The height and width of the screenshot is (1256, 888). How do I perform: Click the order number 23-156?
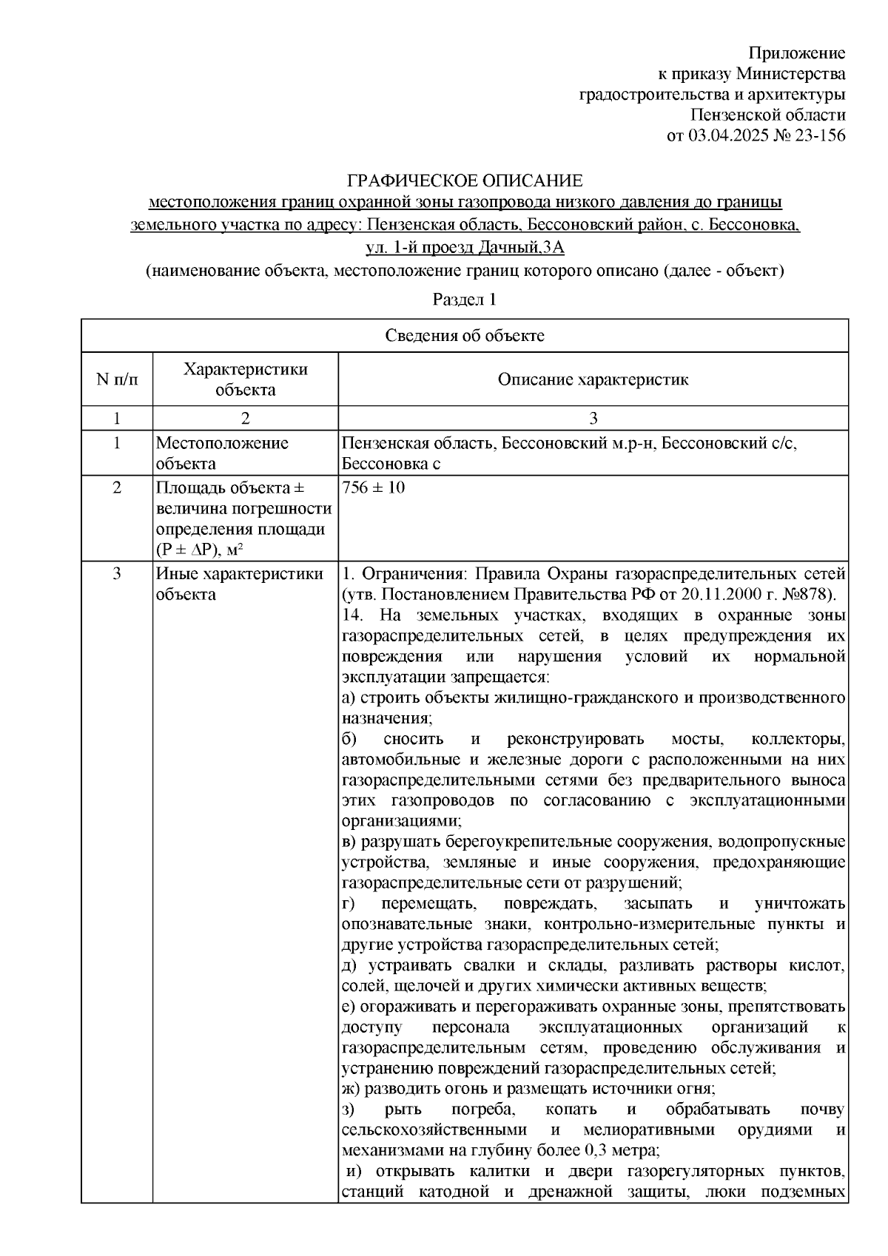pyautogui.click(x=817, y=135)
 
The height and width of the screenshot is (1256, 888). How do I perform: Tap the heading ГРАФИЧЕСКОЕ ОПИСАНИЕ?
pyautogui.click(x=465, y=180)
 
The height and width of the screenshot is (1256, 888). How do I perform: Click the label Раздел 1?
pyautogui.click(x=464, y=300)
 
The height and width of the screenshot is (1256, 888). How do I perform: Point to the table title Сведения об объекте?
pyautogui.click(x=465, y=336)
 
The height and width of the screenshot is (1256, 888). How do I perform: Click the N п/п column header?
pyautogui.click(x=117, y=379)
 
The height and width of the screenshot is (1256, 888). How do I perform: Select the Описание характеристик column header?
pyautogui.click(x=593, y=379)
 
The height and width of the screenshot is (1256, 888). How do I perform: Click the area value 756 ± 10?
pyautogui.click(x=374, y=488)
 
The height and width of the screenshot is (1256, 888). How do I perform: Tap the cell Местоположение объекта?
pyautogui.click(x=222, y=453)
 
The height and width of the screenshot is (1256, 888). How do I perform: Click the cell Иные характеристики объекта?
pyautogui.click(x=239, y=584)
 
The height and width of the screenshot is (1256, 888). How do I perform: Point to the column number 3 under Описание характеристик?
pyautogui.click(x=593, y=419)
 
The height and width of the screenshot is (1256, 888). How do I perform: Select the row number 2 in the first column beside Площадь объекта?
pyautogui.click(x=117, y=488)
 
